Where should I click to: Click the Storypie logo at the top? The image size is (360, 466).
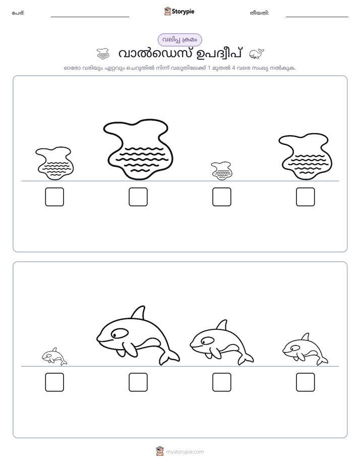pyautogui.click(x=179, y=11)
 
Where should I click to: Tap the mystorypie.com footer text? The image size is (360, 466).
pyautogui.click(x=185, y=452)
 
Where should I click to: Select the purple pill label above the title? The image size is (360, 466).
pyautogui.click(x=179, y=40)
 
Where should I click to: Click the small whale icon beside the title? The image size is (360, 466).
pyautogui.click(x=256, y=54)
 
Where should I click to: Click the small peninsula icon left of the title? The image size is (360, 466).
pyautogui.click(x=103, y=54)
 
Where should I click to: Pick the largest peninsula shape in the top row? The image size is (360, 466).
pyautogui.click(x=139, y=149)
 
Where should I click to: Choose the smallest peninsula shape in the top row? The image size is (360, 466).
pyautogui.click(x=221, y=171)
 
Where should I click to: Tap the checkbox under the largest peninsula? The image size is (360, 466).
pyautogui.click(x=138, y=197)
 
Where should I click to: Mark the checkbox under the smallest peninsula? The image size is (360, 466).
pyautogui.click(x=221, y=197)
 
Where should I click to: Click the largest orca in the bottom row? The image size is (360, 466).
pyautogui.click(x=138, y=335)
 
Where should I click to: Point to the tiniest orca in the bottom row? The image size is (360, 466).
pyautogui.click(x=54, y=357)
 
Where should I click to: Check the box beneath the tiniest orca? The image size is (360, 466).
pyautogui.click(x=54, y=382)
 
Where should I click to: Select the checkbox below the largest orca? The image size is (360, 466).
pyautogui.click(x=138, y=382)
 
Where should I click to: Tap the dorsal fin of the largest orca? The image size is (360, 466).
pyautogui.click(x=139, y=313)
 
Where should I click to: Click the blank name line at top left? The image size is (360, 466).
pyautogui.click(x=90, y=17)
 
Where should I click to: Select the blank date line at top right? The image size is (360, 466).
pyautogui.click(x=317, y=17)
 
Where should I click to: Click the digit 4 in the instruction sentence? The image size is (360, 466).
pyautogui.click(x=234, y=68)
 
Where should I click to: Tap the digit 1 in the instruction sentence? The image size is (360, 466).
pyautogui.click(x=209, y=68)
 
